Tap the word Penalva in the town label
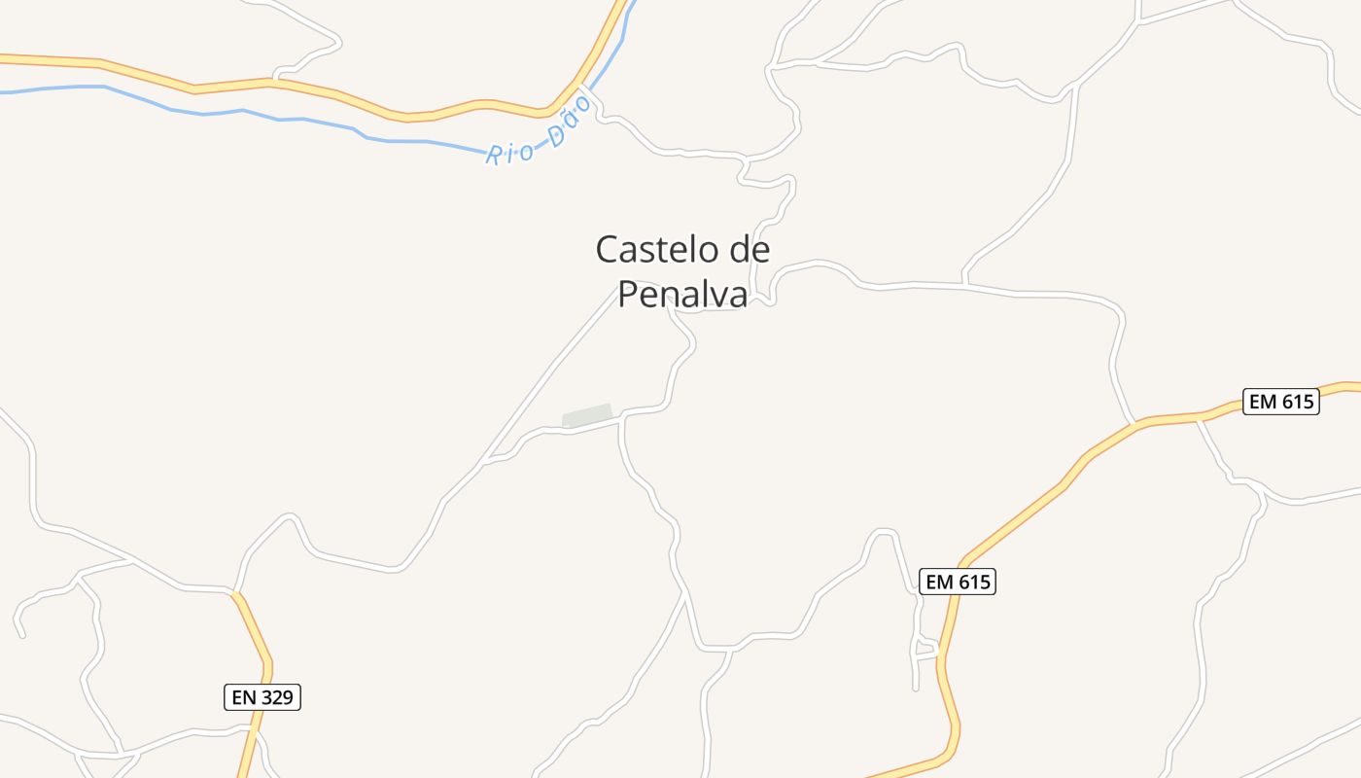point(682,294)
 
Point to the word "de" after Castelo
point(749,250)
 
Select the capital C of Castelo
point(607,250)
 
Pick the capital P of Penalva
point(628,294)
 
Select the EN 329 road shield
point(262,697)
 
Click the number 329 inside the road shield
point(276,697)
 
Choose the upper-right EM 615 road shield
point(1280,402)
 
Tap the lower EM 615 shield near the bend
point(958,582)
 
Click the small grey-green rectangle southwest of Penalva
point(587,415)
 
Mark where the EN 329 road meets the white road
point(233,590)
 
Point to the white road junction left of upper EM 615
point(1134,424)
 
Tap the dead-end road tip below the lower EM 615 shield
point(916,689)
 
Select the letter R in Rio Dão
point(494,157)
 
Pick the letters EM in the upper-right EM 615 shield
point(1262,402)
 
